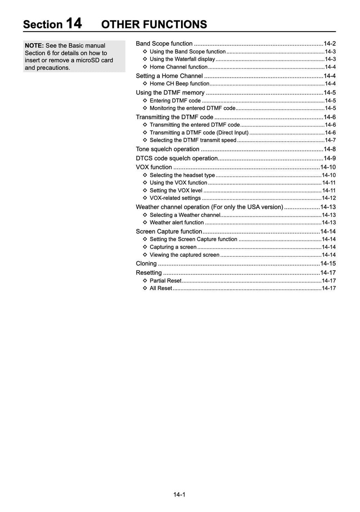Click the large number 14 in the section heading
(x=74, y=24)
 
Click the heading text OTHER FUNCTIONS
(x=154, y=25)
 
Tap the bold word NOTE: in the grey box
(x=34, y=45)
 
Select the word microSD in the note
(x=88, y=60)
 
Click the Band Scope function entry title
(x=164, y=44)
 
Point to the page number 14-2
(x=330, y=44)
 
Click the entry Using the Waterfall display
(x=182, y=59)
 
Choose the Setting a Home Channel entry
(x=169, y=76)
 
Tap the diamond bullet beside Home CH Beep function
(x=145, y=84)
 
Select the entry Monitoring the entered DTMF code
(x=192, y=108)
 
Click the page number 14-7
(x=330, y=140)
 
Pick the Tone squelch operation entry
(x=168, y=149)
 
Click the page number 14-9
(x=330, y=158)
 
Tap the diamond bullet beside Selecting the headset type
(x=145, y=175)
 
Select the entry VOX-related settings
(x=175, y=198)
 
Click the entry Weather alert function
(x=176, y=222)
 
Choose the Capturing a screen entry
(x=173, y=247)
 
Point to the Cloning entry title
(x=146, y=263)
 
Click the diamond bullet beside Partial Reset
(x=145, y=281)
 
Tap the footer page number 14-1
(x=179, y=495)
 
